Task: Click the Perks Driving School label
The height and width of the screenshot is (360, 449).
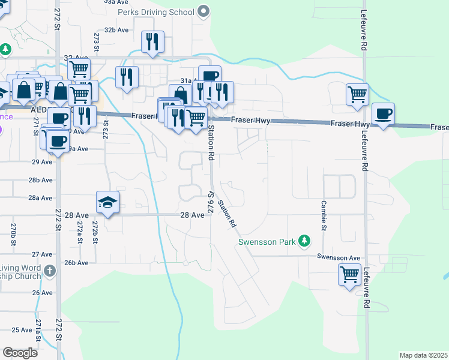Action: tap(156, 12)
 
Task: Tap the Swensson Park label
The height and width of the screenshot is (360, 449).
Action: tap(267, 242)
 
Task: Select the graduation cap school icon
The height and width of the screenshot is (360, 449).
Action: tap(107, 202)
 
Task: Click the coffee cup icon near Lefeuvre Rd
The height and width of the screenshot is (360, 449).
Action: tap(383, 113)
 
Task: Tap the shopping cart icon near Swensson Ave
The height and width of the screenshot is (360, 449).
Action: tap(349, 275)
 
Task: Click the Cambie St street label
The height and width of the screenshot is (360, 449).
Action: tap(322, 217)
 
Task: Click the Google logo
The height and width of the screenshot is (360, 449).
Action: tap(20, 353)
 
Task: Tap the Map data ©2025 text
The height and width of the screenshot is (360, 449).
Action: tap(423, 355)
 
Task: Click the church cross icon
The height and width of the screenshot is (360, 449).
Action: tap(50, 272)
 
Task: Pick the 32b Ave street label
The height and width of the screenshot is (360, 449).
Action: tap(116, 29)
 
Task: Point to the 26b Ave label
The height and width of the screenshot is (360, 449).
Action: tap(76, 263)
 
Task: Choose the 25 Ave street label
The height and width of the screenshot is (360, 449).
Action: tap(22, 329)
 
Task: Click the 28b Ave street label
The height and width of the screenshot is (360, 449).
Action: tap(41, 180)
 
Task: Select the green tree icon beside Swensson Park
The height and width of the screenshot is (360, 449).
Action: tap(305, 241)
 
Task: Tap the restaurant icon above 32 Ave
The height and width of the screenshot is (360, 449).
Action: tap(152, 41)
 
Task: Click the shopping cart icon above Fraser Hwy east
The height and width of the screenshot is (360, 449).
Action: tap(357, 94)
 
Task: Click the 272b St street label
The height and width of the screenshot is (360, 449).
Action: tap(95, 232)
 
